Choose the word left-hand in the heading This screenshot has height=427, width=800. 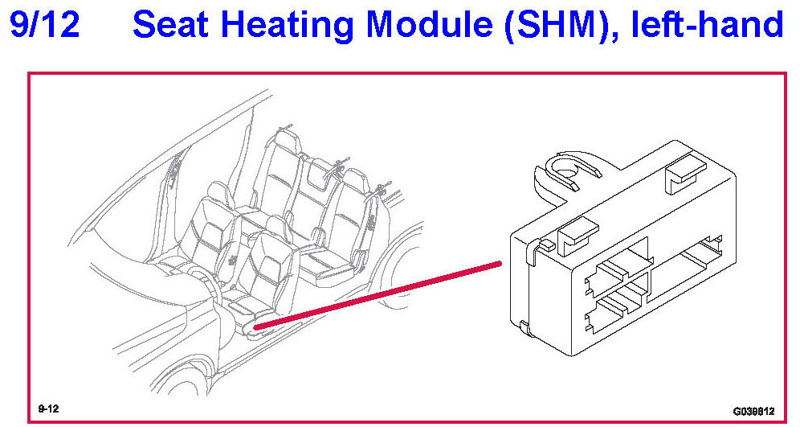click(x=707, y=25)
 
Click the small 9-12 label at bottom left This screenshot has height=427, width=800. click(x=47, y=409)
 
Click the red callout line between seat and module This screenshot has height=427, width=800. click(x=378, y=294)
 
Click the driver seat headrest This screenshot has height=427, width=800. click(x=276, y=225)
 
